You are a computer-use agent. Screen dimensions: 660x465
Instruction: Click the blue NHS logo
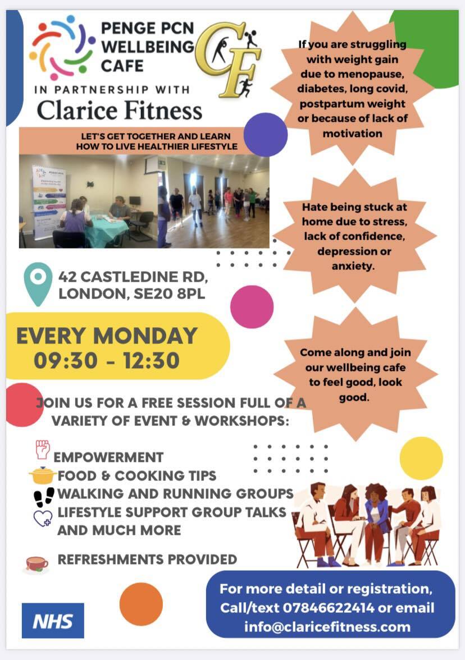53,620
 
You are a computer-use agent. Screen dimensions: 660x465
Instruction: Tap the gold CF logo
227,59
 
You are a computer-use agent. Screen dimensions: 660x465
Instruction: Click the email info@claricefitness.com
327,626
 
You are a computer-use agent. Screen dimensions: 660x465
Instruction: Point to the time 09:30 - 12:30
107,360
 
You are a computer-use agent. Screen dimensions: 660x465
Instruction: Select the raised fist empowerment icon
43,450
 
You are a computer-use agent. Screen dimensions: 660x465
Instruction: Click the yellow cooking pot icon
43,476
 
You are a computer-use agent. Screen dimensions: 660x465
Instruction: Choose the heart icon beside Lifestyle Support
43,517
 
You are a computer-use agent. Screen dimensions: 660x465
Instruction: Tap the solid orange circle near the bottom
141,604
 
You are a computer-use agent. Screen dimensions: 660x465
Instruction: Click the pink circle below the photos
252,306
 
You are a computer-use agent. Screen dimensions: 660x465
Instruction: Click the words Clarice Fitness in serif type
119,109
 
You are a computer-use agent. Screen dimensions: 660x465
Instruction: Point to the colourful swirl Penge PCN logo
62,47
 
